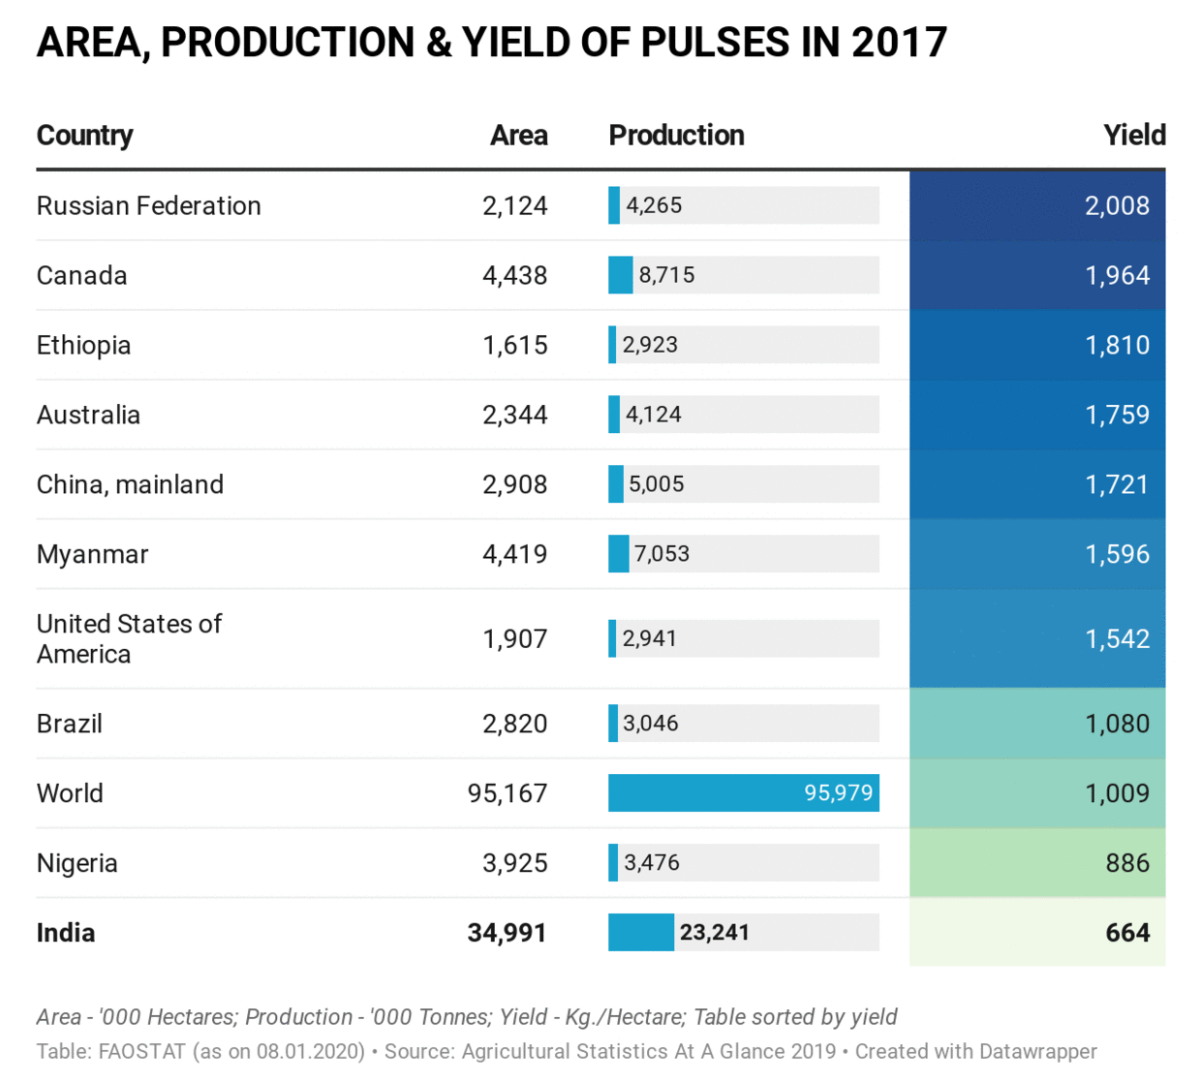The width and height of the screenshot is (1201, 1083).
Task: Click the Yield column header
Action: (x=1134, y=135)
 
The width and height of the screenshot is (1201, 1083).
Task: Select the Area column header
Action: (x=518, y=135)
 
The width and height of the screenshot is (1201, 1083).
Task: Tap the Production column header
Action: (x=676, y=135)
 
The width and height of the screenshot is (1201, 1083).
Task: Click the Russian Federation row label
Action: (x=148, y=205)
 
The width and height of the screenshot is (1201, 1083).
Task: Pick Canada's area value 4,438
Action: (x=514, y=275)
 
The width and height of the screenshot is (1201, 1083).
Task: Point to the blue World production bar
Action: (x=743, y=792)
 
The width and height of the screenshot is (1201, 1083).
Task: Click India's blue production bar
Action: (x=640, y=932)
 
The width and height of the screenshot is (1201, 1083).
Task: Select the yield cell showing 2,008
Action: (x=1117, y=205)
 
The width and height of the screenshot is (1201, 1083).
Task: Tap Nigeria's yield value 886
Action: (x=1127, y=862)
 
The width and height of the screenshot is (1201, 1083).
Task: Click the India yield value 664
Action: (x=1127, y=932)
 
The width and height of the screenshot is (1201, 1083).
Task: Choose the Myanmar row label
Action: (x=92, y=554)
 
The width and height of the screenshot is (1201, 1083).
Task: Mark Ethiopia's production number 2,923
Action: (x=650, y=345)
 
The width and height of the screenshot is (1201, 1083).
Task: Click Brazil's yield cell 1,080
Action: (x=1117, y=724)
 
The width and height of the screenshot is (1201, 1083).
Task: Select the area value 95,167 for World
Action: (x=507, y=792)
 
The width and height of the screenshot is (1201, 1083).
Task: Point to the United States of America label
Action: (x=129, y=638)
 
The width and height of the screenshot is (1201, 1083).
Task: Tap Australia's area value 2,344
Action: (x=514, y=415)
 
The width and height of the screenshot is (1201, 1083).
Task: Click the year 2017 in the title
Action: (x=899, y=43)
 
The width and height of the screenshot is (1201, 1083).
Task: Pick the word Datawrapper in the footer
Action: (x=1037, y=1051)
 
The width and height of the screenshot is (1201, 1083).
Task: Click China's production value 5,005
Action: (x=656, y=484)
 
